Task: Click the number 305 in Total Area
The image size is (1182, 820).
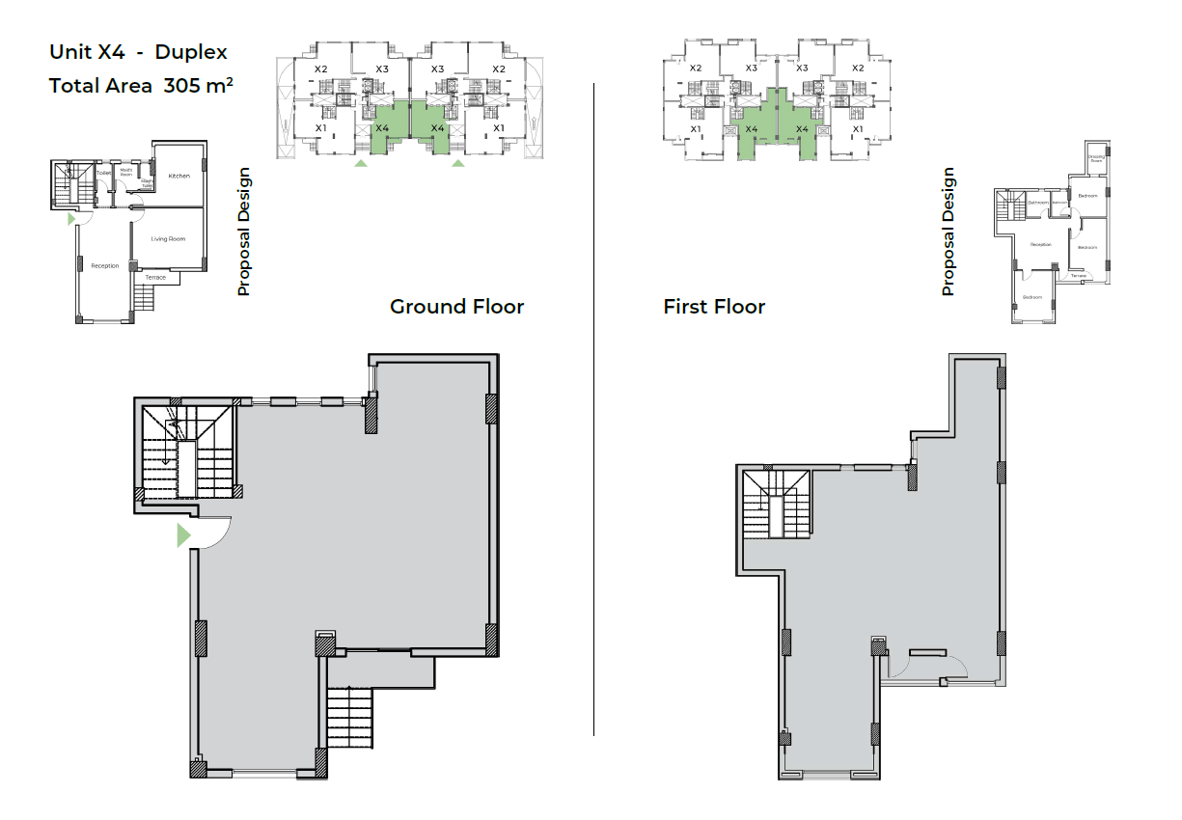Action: pyautogui.click(x=181, y=86)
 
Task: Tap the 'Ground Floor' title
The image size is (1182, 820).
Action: pyautogui.click(x=456, y=307)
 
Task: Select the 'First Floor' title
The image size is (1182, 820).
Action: pyautogui.click(x=714, y=307)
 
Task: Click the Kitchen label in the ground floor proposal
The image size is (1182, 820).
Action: pyautogui.click(x=179, y=177)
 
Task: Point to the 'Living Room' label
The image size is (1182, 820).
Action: pyautogui.click(x=168, y=238)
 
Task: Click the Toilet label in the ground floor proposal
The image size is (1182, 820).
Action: pyautogui.click(x=103, y=173)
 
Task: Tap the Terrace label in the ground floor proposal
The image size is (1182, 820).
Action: pyautogui.click(x=155, y=278)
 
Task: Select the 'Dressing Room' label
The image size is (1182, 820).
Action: pyautogui.click(x=1096, y=158)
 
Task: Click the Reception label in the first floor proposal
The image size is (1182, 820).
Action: pyautogui.click(x=1040, y=244)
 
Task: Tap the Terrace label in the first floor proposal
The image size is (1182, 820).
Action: pyautogui.click(x=1078, y=276)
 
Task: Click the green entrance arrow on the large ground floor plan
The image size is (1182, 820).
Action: pyautogui.click(x=183, y=535)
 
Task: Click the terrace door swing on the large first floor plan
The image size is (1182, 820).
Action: pyautogui.click(x=954, y=666)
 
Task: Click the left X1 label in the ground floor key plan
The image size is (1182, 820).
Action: pyautogui.click(x=321, y=127)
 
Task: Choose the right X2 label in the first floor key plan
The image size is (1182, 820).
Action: pyautogui.click(x=857, y=68)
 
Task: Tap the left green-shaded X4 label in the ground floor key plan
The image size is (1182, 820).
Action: pyautogui.click(x=382, y=128)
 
